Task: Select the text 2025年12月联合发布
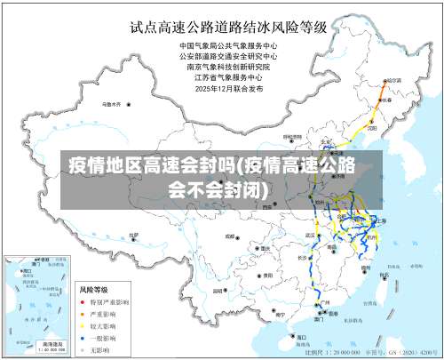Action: coord(230,88)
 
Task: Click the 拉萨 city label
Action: coord(131,236)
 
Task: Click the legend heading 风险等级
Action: coord(94,290)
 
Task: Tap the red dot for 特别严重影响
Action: coord(83,302)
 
